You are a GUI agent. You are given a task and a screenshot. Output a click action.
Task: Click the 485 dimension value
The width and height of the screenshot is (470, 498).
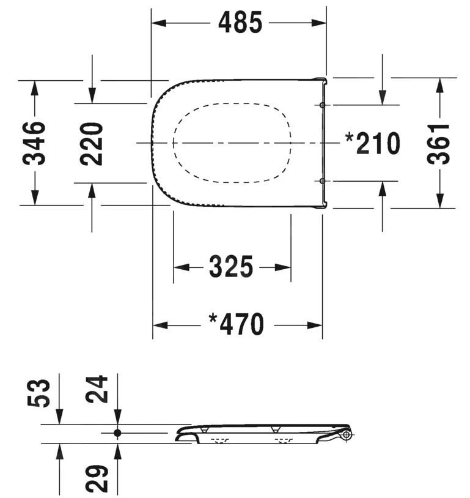[240, 22]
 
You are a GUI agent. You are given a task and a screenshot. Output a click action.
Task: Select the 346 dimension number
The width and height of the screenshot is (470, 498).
[34, 143]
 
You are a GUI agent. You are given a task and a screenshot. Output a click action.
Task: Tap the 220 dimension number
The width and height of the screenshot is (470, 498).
[92, 144]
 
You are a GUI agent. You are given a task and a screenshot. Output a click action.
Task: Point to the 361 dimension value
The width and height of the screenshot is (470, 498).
[438, 144]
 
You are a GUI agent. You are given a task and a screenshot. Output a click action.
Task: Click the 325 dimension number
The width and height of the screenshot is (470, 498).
[231, 267]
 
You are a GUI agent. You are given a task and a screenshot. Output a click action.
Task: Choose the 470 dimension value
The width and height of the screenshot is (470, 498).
[242, 324]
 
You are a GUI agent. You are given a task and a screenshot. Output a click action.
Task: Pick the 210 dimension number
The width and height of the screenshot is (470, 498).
[378, 144]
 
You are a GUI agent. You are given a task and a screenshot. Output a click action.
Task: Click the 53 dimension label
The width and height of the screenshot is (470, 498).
[39, 393]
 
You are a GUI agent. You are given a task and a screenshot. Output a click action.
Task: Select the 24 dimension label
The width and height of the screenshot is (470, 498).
[97, 389]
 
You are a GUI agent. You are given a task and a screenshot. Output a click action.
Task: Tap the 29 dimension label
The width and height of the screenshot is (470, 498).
[97, 479]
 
